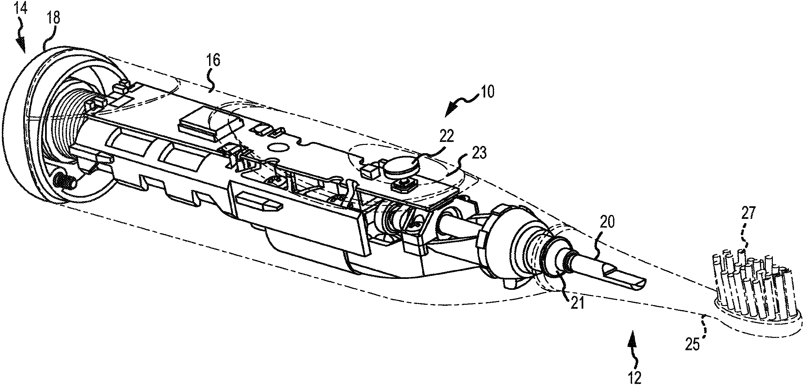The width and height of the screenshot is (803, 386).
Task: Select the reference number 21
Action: [577, 303]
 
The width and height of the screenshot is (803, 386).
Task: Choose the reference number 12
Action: [634, 378]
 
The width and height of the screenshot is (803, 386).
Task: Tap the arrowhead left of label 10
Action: [450, 110]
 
